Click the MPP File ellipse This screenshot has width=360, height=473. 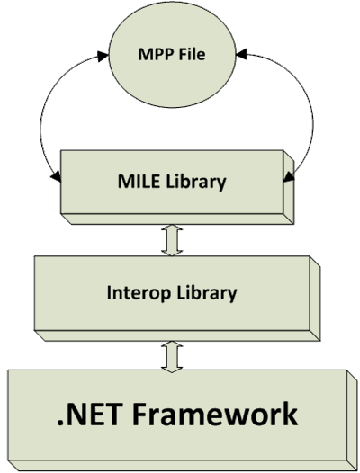172,54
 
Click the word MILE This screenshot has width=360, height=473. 139,182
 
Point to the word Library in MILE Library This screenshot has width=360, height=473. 195,183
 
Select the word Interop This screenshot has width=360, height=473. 139,293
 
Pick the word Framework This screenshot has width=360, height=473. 215,414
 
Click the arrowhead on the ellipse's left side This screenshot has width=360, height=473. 103,56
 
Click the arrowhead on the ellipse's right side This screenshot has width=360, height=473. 241,54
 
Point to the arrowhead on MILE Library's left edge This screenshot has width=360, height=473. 56,177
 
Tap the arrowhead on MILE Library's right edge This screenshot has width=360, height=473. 289,177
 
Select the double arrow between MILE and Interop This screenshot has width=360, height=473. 172,240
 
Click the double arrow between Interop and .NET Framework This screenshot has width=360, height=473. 172,357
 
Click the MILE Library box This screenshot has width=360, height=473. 177,187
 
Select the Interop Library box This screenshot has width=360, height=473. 177,299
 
